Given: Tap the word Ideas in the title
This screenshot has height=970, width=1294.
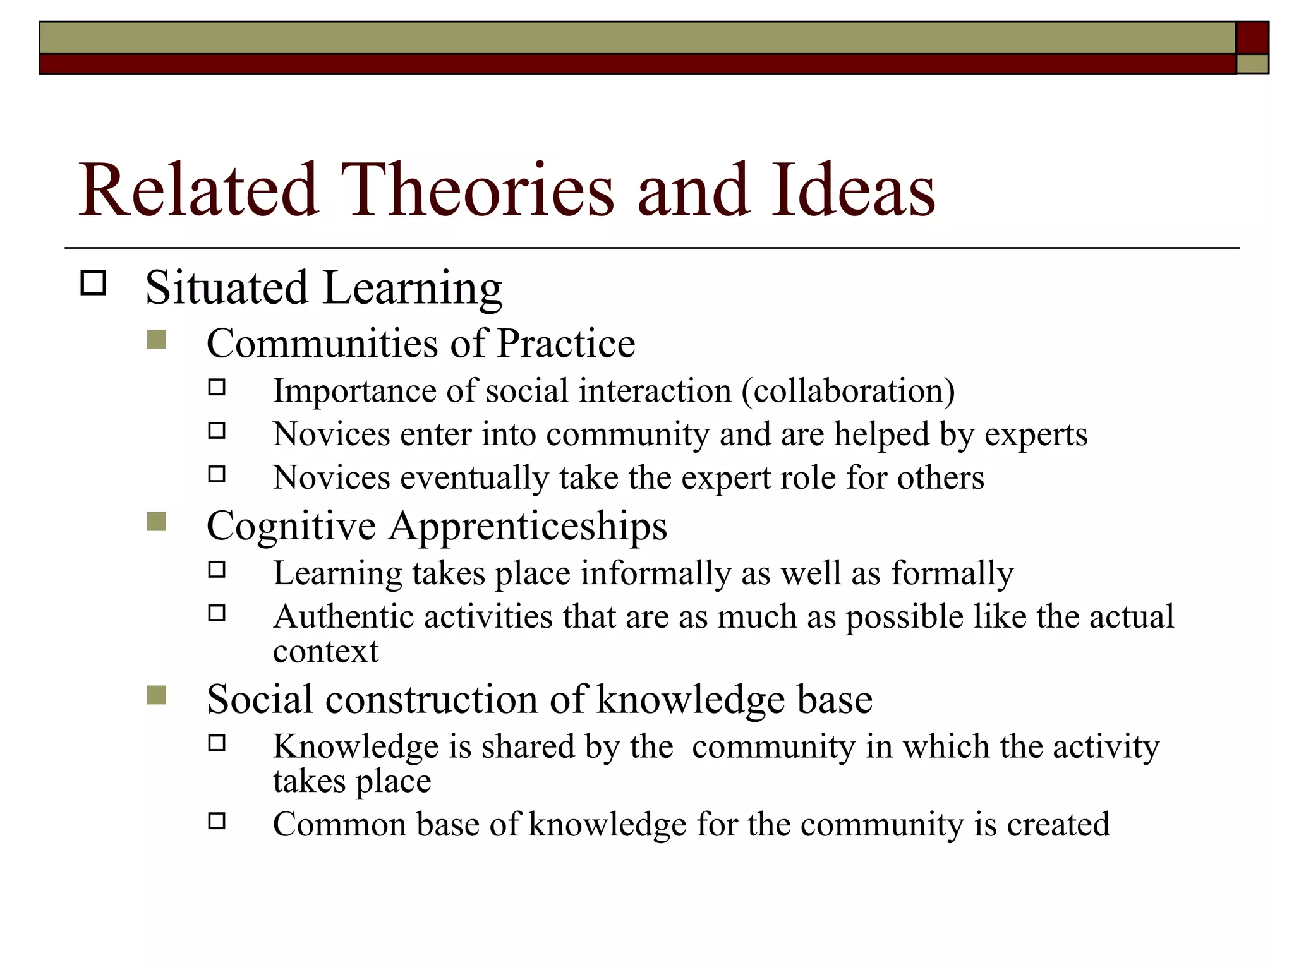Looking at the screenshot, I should [852, 189].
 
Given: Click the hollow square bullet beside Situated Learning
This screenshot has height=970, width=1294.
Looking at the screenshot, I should [94, 283].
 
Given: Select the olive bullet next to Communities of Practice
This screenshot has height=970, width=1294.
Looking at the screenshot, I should [156, 340].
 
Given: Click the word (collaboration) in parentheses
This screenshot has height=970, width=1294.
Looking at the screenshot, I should [848, 391].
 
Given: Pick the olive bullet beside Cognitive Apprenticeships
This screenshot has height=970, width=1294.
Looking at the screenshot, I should [156, 522].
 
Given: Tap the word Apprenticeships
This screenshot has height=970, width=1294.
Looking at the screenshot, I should [528, 527].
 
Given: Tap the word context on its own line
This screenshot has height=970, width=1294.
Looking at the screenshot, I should [325, 652].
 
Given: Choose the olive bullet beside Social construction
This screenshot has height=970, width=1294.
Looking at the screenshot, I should [156, 695].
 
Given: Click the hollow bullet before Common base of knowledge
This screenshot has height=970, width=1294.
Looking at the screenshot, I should [217, 821].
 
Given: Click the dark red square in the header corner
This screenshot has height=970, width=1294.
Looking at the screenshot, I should [1252, 38].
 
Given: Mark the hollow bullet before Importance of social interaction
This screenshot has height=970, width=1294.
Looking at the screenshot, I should [217, 387].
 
